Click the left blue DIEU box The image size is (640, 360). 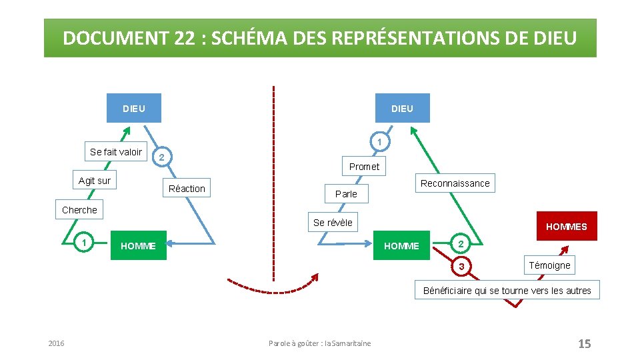tap(134, 108)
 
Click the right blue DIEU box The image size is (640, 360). tap(402, 108)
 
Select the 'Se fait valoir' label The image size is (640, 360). tap(116, 152)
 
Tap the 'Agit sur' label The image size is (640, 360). tap(95, 181)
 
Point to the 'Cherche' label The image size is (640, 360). tap(79, 210)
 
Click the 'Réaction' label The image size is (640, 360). tap(187, 189)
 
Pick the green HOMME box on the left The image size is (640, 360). tap(138, 246)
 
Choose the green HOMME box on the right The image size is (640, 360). tap(402, 246)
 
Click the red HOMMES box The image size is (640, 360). tap(566, 226)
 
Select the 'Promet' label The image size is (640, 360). tap(364, 167)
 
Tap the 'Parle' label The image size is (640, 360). tap(346, 194)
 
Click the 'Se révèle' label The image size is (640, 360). tap(333, 223)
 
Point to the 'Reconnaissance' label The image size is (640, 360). tap(455, 183)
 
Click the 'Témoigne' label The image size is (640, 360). tap(549, 265)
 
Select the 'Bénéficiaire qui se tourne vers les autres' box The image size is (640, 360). tap(507, 290)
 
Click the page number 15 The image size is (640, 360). tap(584, 343)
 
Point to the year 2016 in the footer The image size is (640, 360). tap(57, 343)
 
